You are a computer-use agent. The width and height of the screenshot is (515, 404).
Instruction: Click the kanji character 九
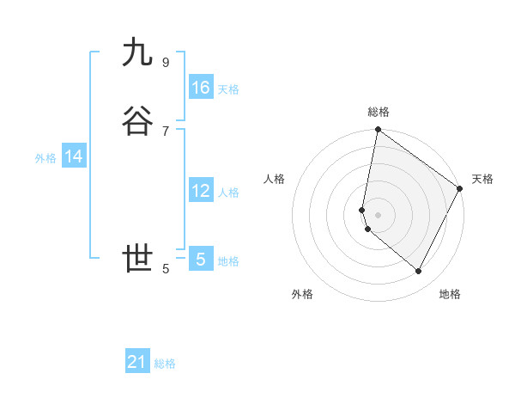(137, 53)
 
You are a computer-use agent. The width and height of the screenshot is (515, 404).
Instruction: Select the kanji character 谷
(137, 122)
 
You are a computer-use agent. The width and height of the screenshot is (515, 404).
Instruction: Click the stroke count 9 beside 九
(165, 63)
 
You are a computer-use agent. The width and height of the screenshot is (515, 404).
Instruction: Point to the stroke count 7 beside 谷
(165, 131)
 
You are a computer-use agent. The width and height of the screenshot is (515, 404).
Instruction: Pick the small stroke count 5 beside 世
(165, 268)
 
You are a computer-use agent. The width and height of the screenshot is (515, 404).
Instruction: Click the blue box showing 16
(201, 88)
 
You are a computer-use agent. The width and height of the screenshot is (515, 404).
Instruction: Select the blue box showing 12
(201, 191)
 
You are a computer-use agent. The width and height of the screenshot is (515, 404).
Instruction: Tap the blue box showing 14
(74, 156)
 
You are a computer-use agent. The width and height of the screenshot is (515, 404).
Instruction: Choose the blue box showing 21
(137, 362)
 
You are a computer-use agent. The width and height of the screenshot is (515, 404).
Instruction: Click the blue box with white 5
(201, 259)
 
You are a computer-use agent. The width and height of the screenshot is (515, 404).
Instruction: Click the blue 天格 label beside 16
(228, 89)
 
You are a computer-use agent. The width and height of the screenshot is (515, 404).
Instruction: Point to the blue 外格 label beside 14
(45, 158)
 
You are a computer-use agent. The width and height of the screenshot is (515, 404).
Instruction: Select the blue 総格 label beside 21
(165, 364)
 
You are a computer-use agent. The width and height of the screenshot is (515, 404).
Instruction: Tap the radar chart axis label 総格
(379, 112)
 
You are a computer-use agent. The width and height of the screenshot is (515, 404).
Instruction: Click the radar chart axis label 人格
(275, 179)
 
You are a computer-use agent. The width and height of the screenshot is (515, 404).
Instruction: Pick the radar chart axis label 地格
(450, 294)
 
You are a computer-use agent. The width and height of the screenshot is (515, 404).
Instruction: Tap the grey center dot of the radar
(379, 214)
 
